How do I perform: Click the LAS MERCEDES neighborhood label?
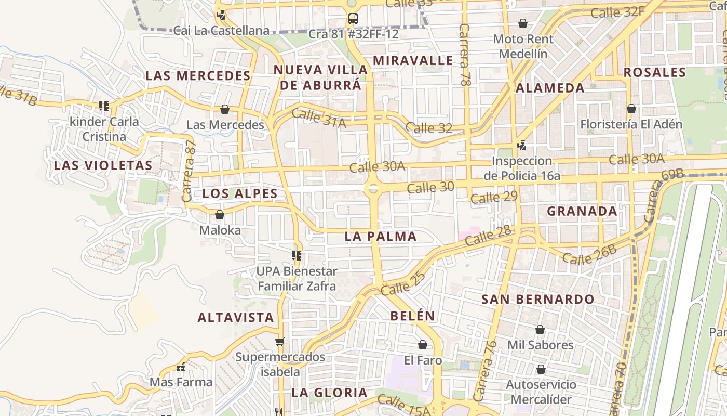[198, 75]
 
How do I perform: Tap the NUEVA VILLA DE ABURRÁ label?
[320, 77]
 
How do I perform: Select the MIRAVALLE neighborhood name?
[413, 60]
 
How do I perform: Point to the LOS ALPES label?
[240, 193]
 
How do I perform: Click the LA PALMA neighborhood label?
[381, 236]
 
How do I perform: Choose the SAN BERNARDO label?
[537, 299]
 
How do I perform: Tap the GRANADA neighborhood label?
[582, 211]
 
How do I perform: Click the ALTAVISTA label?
[236, 317]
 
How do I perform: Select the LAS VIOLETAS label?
[103, 165]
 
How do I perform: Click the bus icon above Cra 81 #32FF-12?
[353, 19]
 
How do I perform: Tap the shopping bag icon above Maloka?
[220, 214]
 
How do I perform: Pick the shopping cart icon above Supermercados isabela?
[280, 342]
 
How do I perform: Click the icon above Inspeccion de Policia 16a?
[521, 146]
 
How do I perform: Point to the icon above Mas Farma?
[181, 368]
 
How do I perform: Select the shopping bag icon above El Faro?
[423, 345]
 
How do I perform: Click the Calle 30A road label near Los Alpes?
[377, 166]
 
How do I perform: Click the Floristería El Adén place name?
[631, 124]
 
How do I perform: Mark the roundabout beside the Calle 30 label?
[373, 189]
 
